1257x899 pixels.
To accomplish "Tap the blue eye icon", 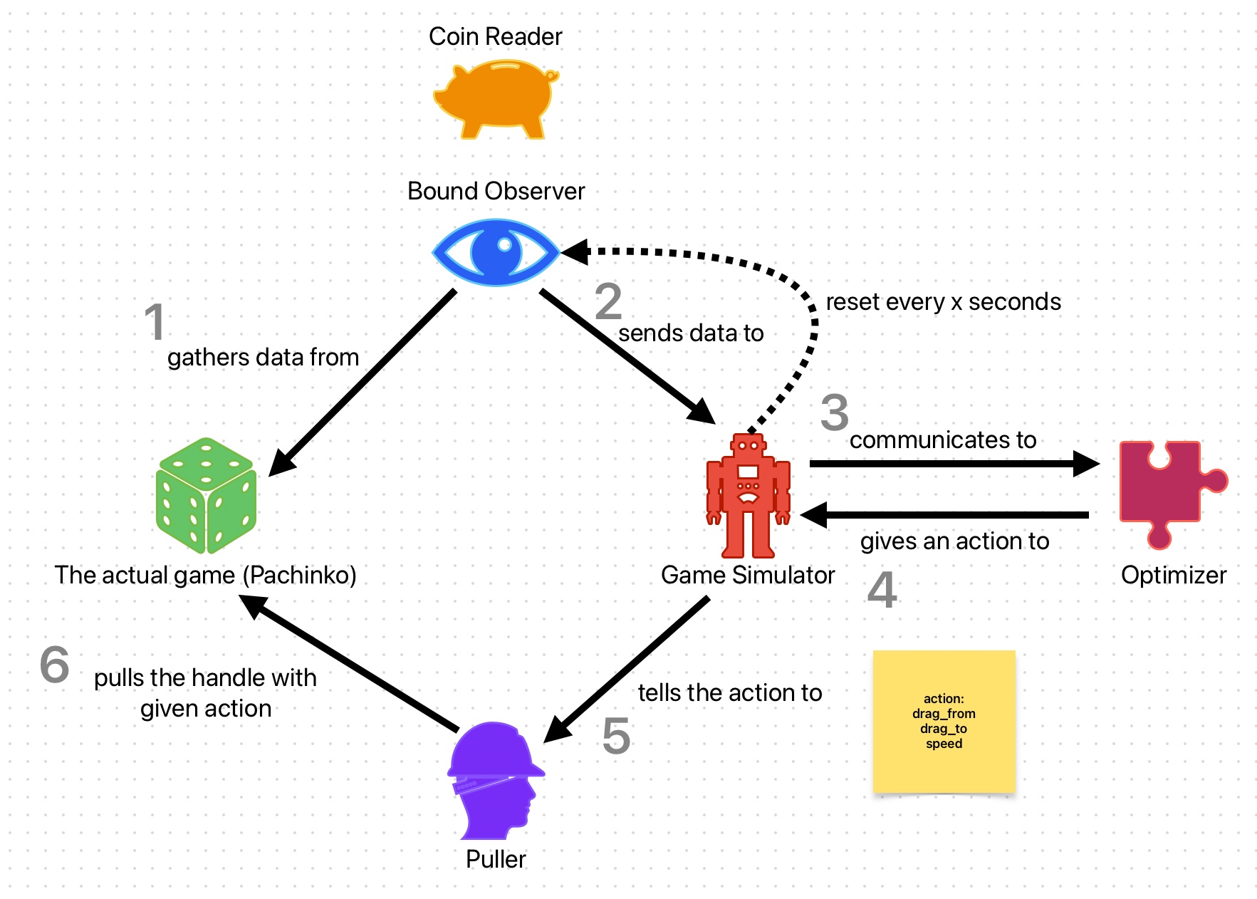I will point(496,251).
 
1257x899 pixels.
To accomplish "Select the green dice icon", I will point(206,496).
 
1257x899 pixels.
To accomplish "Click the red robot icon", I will point(748,496).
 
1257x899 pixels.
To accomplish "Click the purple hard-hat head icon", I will point(494,781).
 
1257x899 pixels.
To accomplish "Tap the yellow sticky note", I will point(944,721).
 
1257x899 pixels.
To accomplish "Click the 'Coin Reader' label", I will point(495,36).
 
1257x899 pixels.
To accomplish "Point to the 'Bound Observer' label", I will point(496,191).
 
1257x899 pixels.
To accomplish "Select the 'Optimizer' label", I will point(1173,575).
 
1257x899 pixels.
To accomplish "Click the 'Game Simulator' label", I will point(747,575).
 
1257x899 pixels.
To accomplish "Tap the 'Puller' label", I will point(496,859).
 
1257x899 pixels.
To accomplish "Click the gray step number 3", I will point(834,412).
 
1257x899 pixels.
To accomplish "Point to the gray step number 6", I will point(55,665).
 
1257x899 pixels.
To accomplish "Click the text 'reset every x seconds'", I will point(943,302).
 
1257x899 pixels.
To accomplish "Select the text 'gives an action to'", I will point(954,541).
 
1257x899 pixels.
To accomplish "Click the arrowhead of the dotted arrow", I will point(574,251).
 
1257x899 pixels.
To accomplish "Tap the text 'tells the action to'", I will point(730,692).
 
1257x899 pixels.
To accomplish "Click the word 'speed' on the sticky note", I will point(944,744).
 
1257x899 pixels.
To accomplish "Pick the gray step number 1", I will point(155,322).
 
